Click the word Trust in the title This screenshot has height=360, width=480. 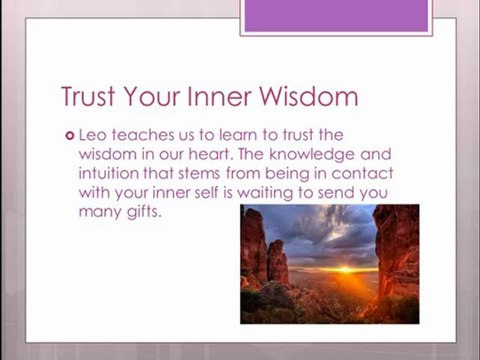[x=88, y=96]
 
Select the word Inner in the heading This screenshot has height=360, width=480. [x=219, y=96]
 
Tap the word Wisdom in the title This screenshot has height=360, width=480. [x=309, y=96]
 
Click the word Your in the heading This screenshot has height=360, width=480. [x=152, y=96]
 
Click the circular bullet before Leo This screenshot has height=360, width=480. [x=70, y=136]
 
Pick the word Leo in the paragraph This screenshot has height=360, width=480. [x=93, y=135]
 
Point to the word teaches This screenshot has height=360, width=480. [x=143, y=135]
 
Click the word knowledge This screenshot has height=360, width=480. [x=312, y=155]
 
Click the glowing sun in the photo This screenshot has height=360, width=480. [x=345, y=269]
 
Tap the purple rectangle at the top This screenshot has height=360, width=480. [x=336, y=16]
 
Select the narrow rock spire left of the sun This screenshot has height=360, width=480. [x=277, y=262]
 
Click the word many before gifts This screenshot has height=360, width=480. [x=100, y=213]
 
